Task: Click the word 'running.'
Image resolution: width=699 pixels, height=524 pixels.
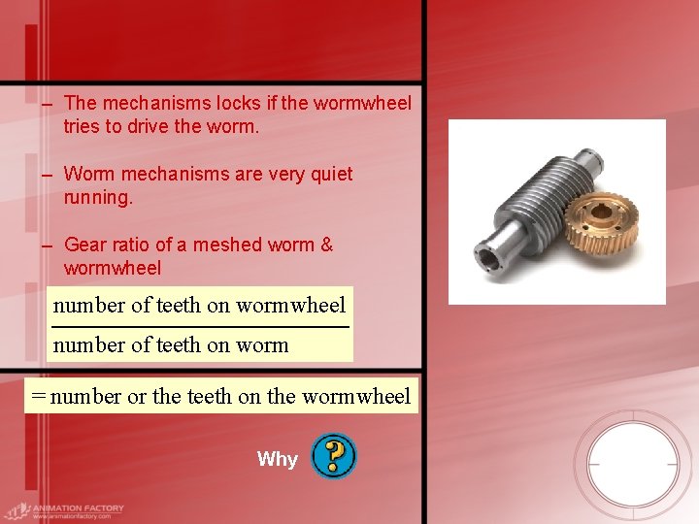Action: [x=97, y=197]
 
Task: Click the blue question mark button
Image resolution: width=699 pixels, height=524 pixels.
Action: [x=334, y=456]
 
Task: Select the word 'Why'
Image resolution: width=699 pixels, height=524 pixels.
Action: [x=278, y=459]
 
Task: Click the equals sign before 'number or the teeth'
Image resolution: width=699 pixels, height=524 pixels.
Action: [x=38, y=396]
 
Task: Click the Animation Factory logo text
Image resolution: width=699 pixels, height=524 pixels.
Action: [x=78, y=508]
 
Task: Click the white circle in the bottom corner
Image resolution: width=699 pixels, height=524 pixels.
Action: [x=633, y=464]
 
